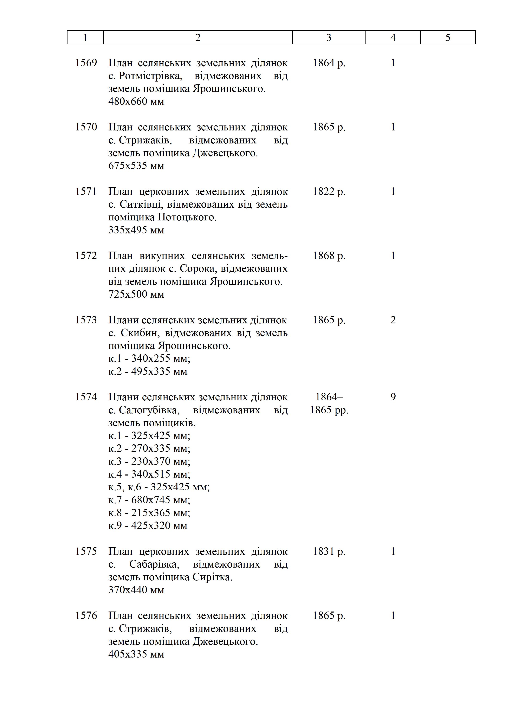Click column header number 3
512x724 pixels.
pos(329,38)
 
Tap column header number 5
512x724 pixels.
pos(448,38)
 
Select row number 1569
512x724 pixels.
pos(86,63)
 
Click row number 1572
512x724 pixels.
pos(86,256)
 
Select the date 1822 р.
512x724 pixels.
pos(329,191)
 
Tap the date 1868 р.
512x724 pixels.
pos(329,256)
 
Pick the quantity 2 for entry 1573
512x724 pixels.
pos(393,320)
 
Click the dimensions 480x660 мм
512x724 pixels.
pos(136,102)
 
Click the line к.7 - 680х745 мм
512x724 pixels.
pos(149,500)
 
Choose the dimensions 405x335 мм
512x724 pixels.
pos(136,654)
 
